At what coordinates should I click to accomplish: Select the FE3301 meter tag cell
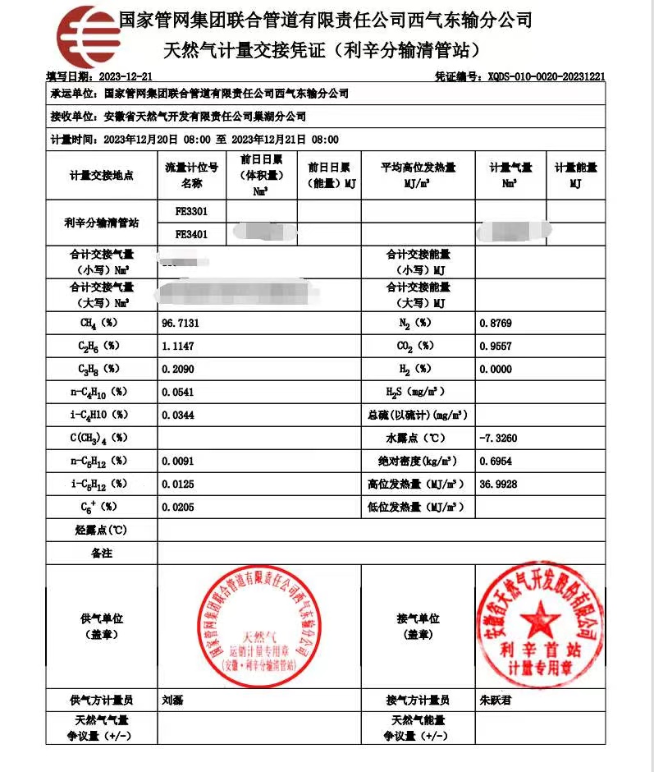pyautogui.click(x=192, y=211)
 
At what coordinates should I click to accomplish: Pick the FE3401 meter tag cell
pyautogui.click(x=192, y=233)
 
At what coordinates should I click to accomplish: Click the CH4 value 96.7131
pyautogui.click(x=181, y=324)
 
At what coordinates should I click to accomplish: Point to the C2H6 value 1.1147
pyautogui.click(x=181, y=346)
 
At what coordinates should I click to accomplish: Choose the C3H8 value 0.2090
pyautogui.click(x=181, y=369)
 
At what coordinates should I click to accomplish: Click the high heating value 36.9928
pyautogui.click(x=498, y=484)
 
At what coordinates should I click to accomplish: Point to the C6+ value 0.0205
pyautogui.click(x=181, y=507)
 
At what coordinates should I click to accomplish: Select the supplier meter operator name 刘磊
pyautogui.click(x=172, y=701)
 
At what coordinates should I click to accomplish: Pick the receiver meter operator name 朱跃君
pyautogui.click(x=494, y=701)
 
